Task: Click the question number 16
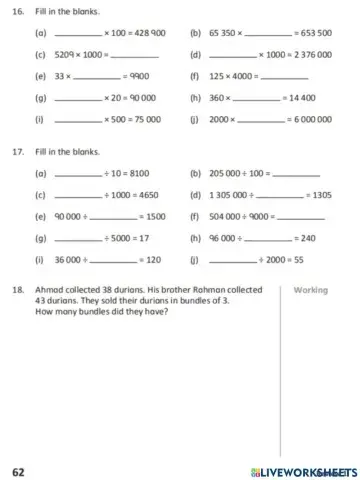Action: pos(18,13)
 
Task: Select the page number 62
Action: pos(18,470)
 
